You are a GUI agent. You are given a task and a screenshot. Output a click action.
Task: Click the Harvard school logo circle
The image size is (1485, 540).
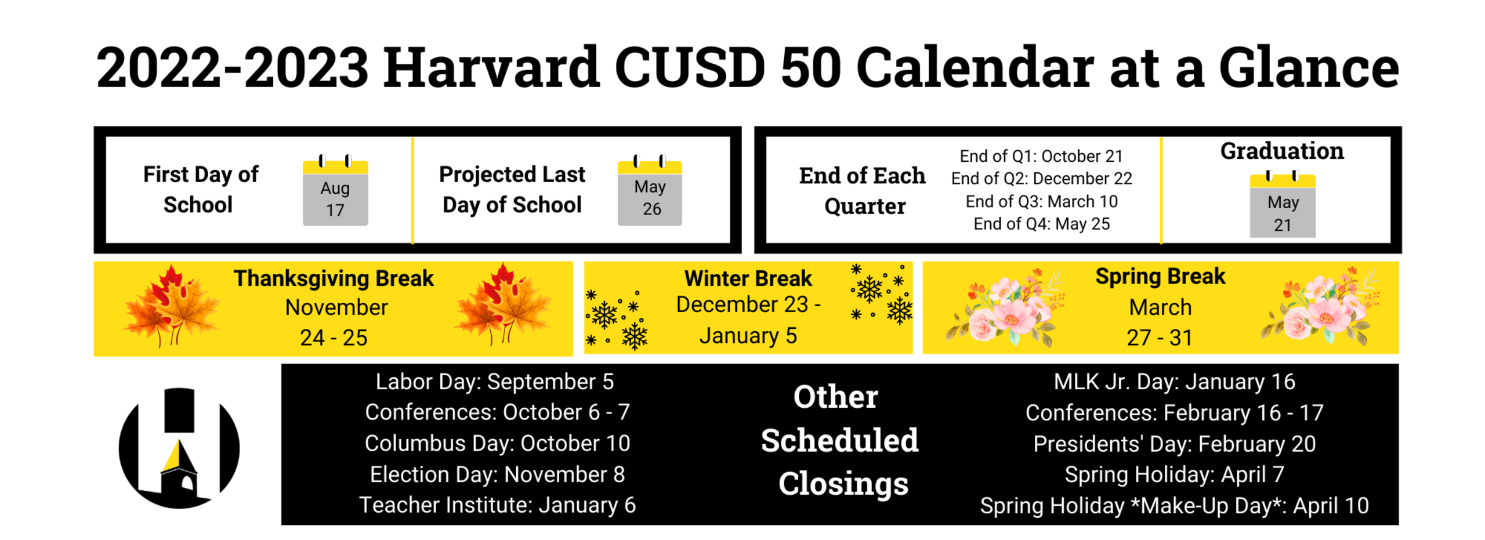179,448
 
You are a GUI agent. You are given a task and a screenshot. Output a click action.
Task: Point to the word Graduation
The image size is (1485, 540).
1282,151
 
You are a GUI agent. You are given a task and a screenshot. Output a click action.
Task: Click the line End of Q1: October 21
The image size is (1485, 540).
1041,156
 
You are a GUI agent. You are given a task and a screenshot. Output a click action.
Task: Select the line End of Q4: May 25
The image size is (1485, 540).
1041,224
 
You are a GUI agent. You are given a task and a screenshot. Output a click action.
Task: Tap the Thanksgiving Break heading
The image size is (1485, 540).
334,278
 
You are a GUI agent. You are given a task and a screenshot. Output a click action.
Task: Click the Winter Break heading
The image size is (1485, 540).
748,278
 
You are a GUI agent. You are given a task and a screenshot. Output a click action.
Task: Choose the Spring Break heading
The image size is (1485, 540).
1160,277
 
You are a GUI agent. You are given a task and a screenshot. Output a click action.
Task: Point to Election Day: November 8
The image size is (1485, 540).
497,474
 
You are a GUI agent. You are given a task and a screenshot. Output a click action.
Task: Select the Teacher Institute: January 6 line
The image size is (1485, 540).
497,505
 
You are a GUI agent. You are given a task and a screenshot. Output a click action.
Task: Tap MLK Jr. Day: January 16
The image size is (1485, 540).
1174,382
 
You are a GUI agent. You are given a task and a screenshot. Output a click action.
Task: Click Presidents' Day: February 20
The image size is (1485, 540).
1174,444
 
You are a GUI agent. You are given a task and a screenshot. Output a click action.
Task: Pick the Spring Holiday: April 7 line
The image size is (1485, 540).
1174,474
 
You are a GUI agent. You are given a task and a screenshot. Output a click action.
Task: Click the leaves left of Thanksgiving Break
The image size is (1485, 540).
172,306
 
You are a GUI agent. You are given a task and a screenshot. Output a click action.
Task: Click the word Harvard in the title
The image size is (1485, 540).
491,67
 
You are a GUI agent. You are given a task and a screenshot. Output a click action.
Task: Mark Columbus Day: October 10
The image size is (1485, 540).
497,444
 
